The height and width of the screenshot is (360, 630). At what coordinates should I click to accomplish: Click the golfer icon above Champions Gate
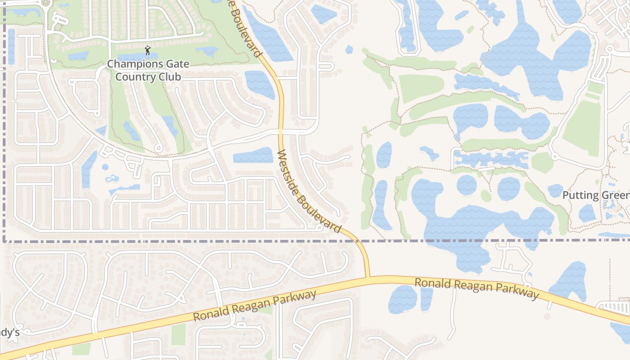pos(147,50)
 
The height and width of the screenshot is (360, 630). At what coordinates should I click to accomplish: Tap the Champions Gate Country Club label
pos(148,70)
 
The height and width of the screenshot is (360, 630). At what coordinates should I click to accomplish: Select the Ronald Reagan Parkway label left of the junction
pos(255,306)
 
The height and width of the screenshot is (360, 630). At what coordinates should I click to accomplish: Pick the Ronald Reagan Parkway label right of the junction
pos(476,288)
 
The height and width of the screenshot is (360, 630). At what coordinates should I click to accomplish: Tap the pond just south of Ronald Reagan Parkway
pos(403,299)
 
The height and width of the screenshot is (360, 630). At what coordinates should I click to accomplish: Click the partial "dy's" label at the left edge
pos(9,333)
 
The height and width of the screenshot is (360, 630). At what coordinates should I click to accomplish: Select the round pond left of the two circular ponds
pos(467,185)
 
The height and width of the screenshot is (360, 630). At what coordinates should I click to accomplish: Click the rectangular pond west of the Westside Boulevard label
pos(253,156)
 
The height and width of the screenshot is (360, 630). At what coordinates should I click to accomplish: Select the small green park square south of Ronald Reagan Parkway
pos(179,334)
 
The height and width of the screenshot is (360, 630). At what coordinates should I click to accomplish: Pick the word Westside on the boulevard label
pos(292,172)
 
